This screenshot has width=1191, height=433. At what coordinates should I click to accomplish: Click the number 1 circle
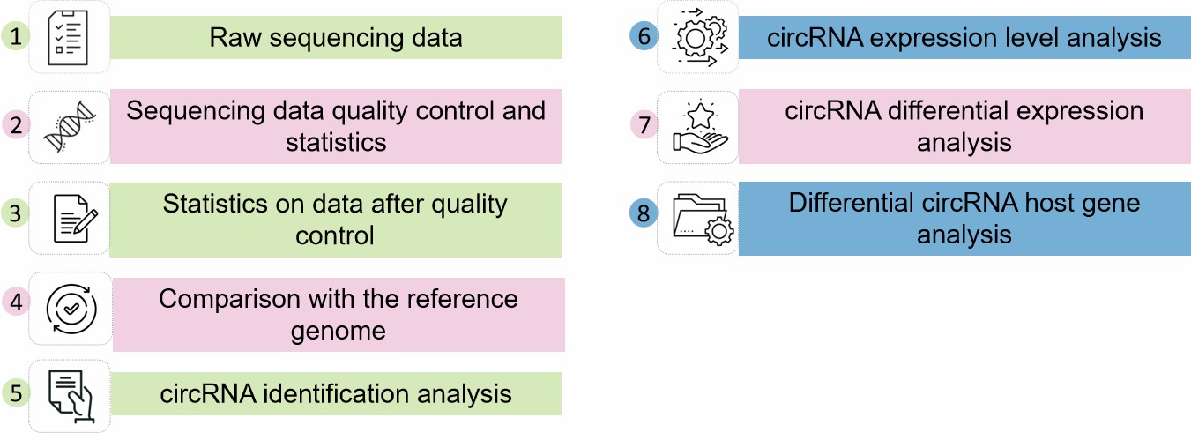[x=16, y=37]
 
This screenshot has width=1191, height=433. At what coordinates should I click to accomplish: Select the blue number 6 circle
[x=644, y=37]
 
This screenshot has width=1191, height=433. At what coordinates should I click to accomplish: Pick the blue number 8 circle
[x=644, y=214]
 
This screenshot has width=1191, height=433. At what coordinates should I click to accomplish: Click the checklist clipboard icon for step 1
[x=70, y=37]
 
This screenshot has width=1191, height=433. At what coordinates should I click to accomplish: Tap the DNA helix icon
[x=70, y=126]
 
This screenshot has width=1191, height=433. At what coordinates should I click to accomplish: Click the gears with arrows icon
[x=698, y=37]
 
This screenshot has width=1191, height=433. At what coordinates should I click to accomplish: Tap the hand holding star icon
[x=698, y=126]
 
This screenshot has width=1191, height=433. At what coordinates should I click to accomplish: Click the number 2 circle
[x=16, y=125]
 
